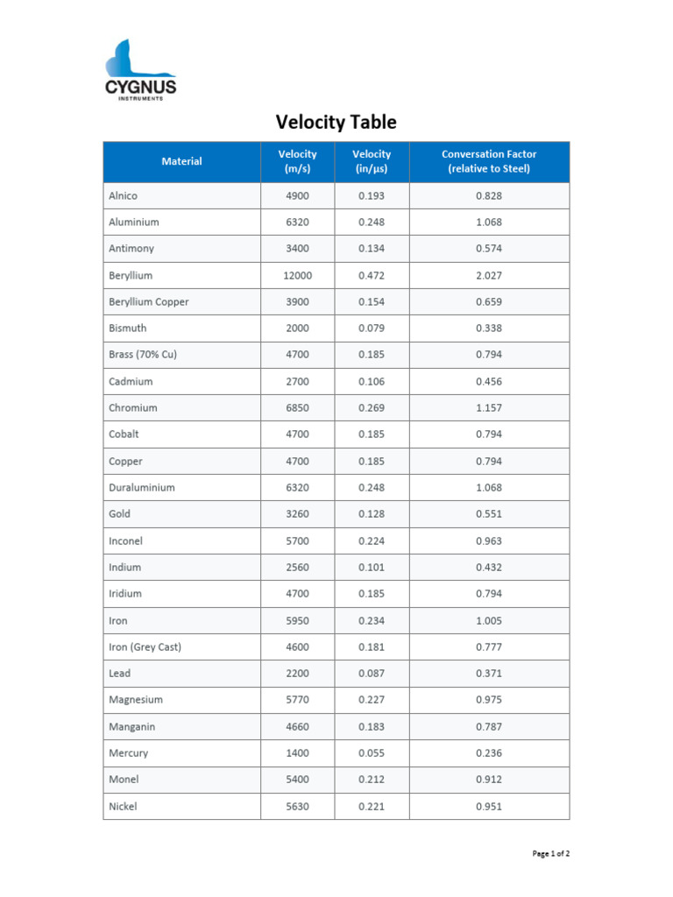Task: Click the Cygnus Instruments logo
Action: coord(140,70)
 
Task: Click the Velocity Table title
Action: coord(336,122)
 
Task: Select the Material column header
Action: coord(181,161)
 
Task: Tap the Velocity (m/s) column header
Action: coord(297,161)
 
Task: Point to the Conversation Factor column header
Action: coord(489,161)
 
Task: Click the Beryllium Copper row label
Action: coord(148,302)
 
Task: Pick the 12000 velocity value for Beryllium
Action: coord(297,275)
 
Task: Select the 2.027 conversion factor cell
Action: coord(489,275)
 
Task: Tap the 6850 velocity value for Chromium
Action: coord(297,408)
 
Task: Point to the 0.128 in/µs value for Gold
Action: coord(372,514)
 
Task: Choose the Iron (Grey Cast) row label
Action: coord(145,647)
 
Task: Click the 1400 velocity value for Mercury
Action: coord(297,753)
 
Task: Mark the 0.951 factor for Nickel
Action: coord(489,807)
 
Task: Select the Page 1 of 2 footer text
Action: coord(552,853)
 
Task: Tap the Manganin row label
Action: coord(132,727)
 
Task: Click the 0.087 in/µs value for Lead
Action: coord(372,674)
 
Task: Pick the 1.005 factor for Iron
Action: coord(489,621)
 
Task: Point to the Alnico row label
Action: coord(123,195)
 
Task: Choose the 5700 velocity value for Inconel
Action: coord(297,541)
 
